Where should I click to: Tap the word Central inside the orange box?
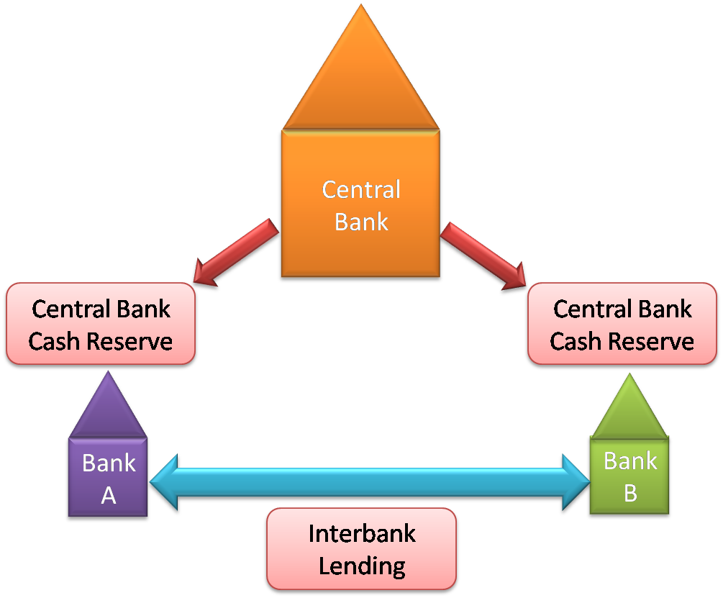[360, 190]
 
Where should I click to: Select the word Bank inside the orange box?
[361, 221]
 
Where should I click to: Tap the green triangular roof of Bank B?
[630, 410]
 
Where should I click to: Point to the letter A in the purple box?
[109, 495]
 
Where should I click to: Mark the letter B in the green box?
[630, 493]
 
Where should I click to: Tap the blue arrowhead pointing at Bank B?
[575, 481]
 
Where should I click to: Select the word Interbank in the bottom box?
[362, 534]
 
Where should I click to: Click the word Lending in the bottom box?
[362, 566]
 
